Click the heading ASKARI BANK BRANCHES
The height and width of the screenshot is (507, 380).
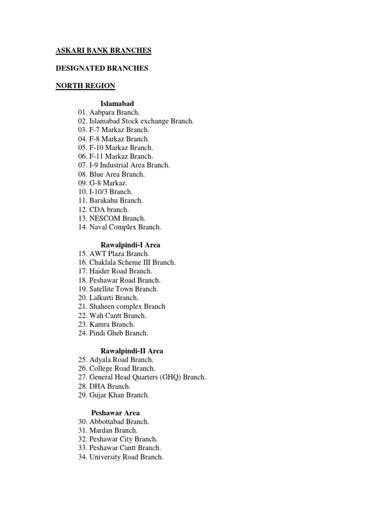(103, 51)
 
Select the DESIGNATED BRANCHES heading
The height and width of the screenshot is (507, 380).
(101, 68)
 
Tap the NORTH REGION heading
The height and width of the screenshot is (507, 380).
(85, 86)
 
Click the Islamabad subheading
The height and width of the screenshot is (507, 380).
(117, 103)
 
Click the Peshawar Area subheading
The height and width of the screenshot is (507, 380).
(115, 412)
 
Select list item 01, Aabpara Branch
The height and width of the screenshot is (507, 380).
(108, 112)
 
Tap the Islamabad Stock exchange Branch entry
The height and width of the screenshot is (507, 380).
(136, 121)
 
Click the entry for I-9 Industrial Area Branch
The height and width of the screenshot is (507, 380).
(124, 165)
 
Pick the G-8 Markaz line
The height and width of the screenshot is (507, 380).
(102, 183)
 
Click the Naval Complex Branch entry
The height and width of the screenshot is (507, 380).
(119, 227)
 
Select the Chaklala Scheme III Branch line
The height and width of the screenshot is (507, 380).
(126, 262)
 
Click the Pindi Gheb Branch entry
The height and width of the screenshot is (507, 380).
(113, 333)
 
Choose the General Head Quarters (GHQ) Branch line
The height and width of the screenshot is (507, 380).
(142, 377)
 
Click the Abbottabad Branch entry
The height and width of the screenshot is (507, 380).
(113, 421)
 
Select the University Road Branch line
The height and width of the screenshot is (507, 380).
(120, 457)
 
